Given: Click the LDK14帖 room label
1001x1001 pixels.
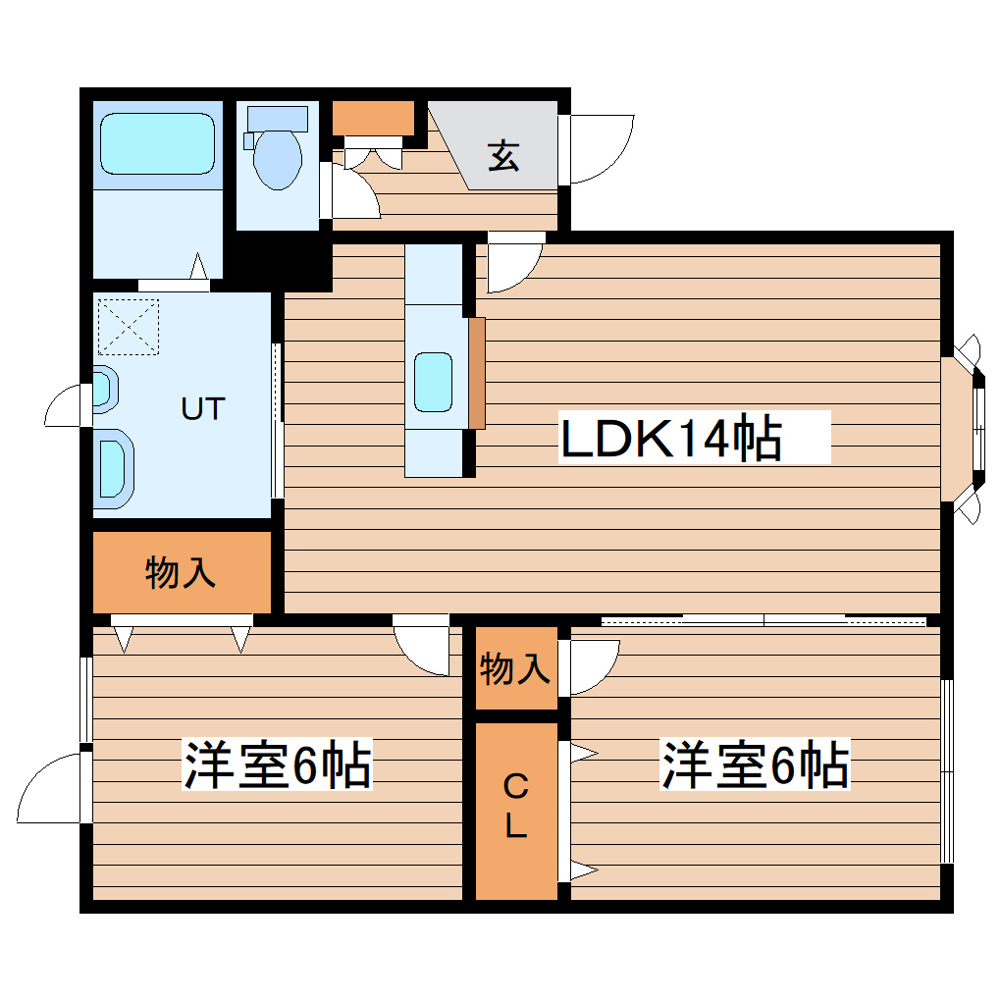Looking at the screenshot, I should (x=671, y=438).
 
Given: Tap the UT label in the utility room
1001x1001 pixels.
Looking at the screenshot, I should (x=203, y=407).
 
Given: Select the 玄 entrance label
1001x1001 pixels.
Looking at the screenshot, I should (x=503, y=155).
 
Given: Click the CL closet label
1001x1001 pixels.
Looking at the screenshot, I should (x=516, y=805).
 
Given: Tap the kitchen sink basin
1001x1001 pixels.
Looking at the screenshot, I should (x=433, y=382).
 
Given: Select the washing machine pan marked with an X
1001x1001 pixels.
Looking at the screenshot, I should (x=129, y=327).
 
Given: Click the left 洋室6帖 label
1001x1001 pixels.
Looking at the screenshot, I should (x=277, y=765).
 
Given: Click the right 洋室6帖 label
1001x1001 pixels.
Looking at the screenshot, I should (x=755, y=765).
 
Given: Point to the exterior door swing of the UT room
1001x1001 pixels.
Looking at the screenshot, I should (x=69, y=405).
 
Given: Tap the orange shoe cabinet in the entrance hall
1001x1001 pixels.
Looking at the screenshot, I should (x=373, y=118).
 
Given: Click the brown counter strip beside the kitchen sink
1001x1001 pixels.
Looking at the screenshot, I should (x=477, y=373).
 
